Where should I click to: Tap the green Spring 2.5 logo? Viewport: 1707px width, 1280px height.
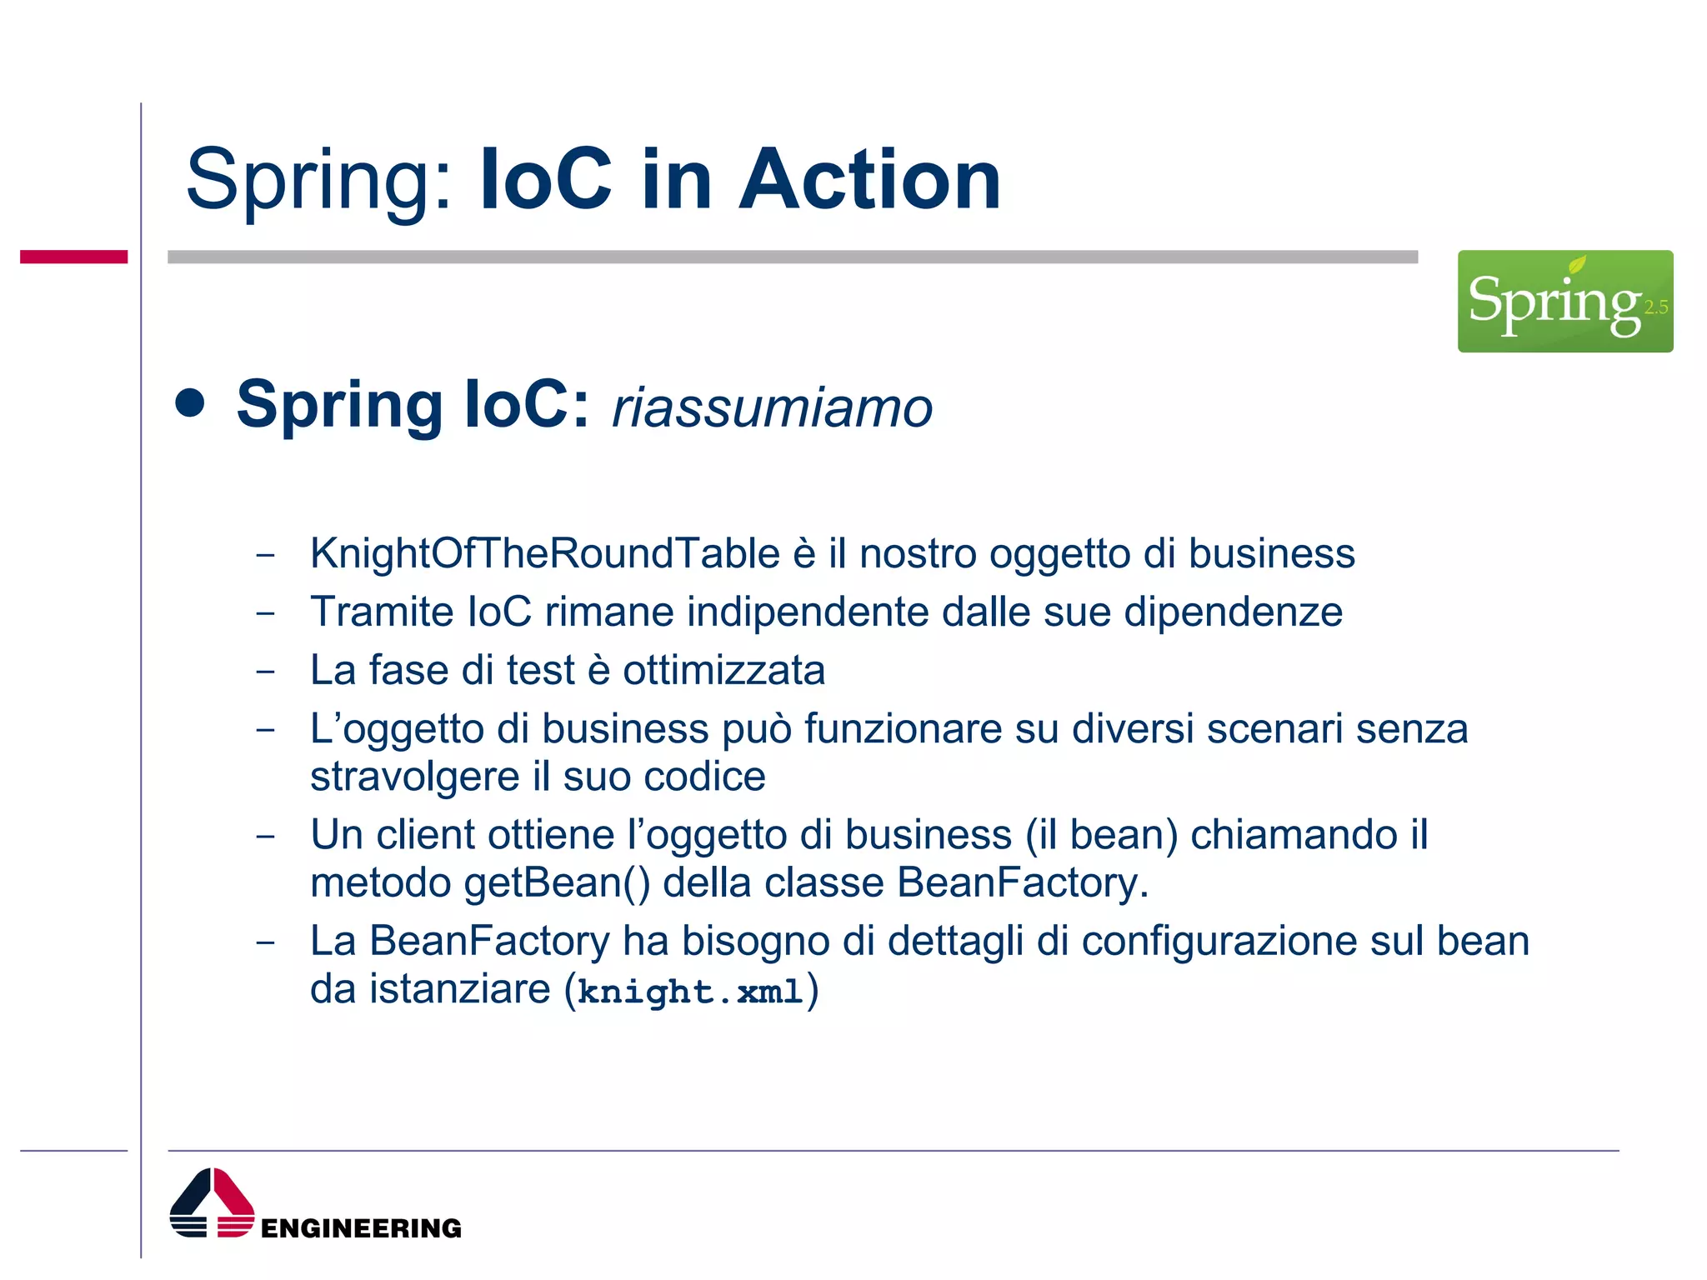point(1564,302)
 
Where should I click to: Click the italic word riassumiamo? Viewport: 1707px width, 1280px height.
point(772,408)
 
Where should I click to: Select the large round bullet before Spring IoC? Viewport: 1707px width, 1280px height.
point(191,403)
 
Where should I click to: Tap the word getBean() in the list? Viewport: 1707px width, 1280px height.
point(557,883)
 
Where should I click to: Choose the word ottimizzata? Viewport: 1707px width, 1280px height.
point(723,671)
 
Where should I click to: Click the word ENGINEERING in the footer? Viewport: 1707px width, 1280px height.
point(361,1228)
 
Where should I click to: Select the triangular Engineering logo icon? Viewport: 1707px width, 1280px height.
point(212,1203)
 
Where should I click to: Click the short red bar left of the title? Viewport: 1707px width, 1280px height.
point(73,257)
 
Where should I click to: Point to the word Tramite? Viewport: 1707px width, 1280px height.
point(382,612)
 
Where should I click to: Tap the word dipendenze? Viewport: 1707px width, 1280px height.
point(1233,612)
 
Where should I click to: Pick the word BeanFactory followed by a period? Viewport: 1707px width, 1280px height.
point(1022,883)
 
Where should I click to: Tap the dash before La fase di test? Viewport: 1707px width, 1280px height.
point(265,671)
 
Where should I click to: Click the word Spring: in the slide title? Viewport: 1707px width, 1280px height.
point(319,180)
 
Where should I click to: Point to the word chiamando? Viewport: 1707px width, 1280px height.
point(1293,835)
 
